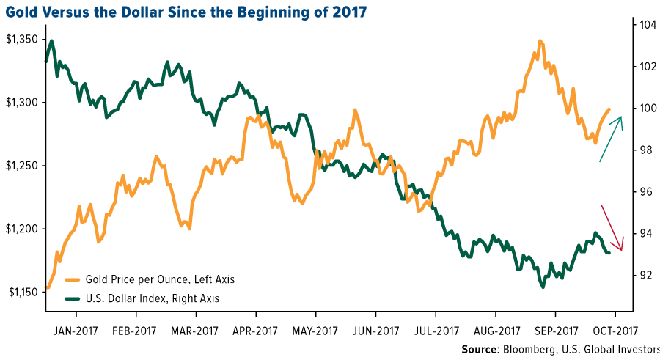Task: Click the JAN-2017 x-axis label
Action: pyautogui.click(x=76, y=330)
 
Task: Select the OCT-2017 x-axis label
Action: pyautogui.click(x=616, y=330)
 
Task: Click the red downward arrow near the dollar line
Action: pyautogui.click(x=612, y=228)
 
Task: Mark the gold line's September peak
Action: pyautogui.click(x=540, y=41)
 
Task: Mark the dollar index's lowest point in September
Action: pyautogui.click(x=543, y=287)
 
